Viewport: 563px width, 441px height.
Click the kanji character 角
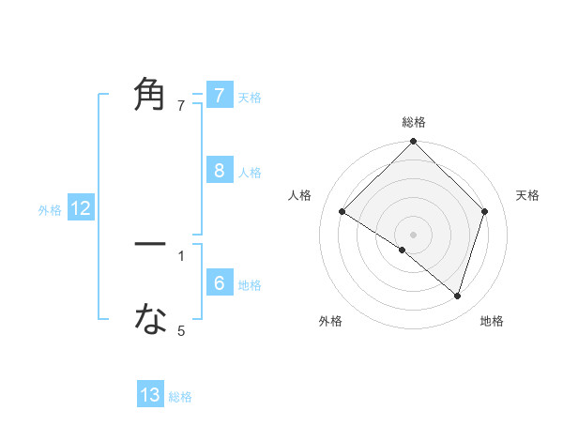pos(150,96)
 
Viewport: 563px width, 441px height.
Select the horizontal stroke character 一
pos(150,244)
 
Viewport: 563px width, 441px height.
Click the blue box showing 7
pos(220,96)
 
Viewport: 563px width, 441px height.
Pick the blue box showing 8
pos(220,171)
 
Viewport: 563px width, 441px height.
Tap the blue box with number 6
pos(220,283)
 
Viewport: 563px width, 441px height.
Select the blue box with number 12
pos(81,209)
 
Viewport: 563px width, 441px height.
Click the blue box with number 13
pos(150,395)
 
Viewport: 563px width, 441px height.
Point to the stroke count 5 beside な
pos(181,330)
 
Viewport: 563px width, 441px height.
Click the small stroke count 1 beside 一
pos(181,255)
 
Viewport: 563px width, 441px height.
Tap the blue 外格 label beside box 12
pos(50,210)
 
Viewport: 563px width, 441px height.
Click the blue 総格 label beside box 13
pos(180,397)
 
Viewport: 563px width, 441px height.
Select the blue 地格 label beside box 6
pos(250,285)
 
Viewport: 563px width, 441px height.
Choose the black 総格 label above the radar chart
pos(414,122)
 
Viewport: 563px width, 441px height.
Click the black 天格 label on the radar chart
pos(527,195)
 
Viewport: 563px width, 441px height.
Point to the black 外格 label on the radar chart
pos(330,321)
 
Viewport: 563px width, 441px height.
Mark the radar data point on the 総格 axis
pos(414,142)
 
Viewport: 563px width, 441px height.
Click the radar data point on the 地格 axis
pos(458,296)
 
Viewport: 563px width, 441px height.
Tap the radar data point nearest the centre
pos(403,251)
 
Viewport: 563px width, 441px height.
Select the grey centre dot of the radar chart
pos(414,235)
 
